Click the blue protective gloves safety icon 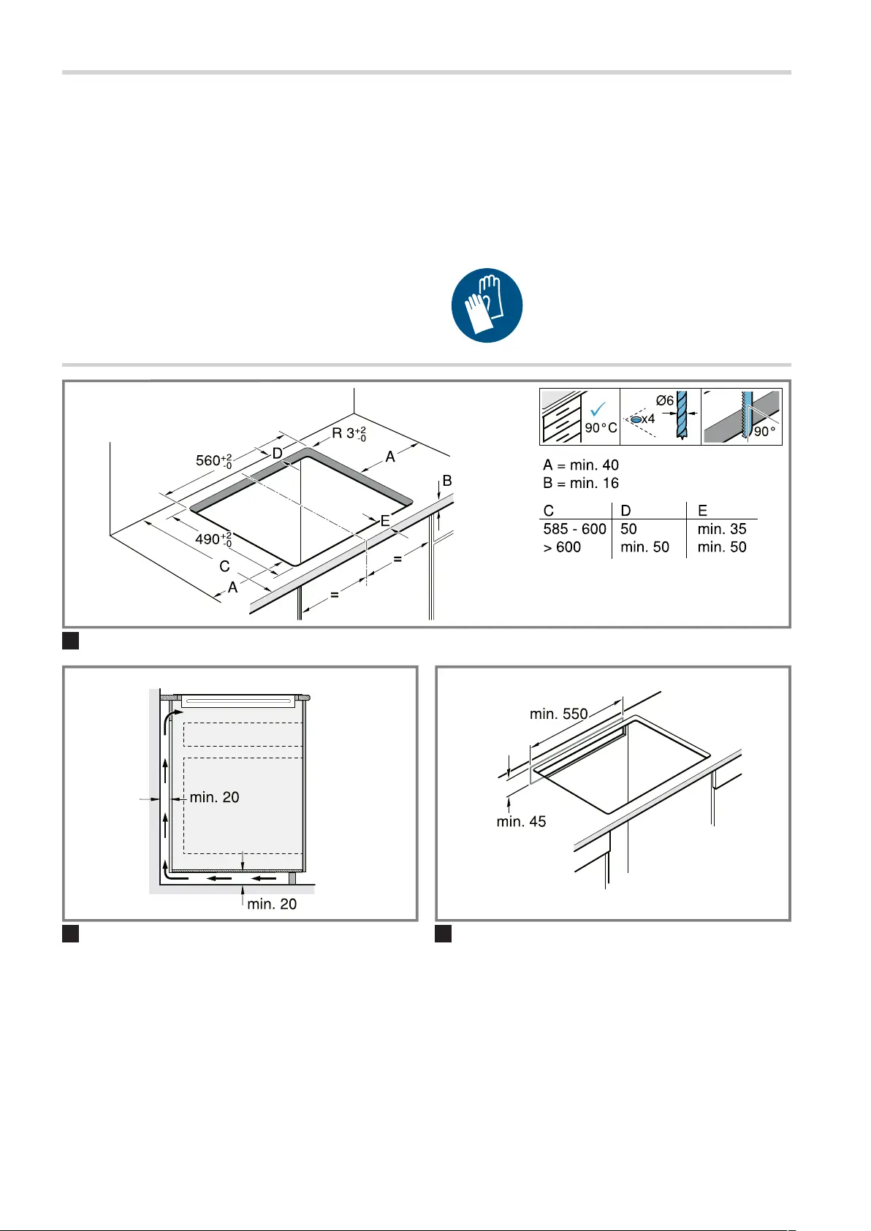click(487, 305)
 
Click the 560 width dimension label click(214, 460)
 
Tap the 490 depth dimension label click(213, 539)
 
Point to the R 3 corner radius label click(349, 434)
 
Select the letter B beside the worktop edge click(447, 481)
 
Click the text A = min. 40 click(581, 465)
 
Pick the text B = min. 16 click(581, 483)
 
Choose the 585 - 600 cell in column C click(575, 529)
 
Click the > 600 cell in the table click(562, 546)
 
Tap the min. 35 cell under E click(722, 529)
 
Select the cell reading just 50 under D click(628, 529)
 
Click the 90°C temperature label click(601, 427)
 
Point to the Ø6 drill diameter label click(665, 400)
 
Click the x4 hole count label click(648, 419)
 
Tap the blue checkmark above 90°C click(597, 409)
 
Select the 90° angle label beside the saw click(764, 432)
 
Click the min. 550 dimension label click(559, 714)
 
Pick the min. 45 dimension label click(522, 822)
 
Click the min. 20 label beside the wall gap click(214, 797)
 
